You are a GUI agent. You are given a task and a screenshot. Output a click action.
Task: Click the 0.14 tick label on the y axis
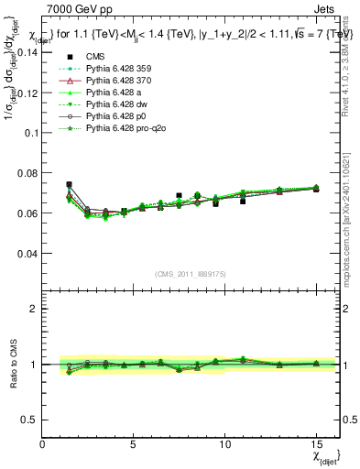click(x=27, y=52)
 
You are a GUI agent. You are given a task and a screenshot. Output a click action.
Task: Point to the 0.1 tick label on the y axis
click(x=30, y=133)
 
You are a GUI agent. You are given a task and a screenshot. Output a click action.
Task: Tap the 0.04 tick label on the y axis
click(x=27, y=253)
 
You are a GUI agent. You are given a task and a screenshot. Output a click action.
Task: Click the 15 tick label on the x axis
click(x=316, y=444)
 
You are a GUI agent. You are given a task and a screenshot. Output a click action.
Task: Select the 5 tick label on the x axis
click(x=134, y=444)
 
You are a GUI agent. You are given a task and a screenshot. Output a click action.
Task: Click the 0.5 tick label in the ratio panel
click(x=29, y=420)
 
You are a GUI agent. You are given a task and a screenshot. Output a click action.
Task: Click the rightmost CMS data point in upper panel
click(x=316, y=189)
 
